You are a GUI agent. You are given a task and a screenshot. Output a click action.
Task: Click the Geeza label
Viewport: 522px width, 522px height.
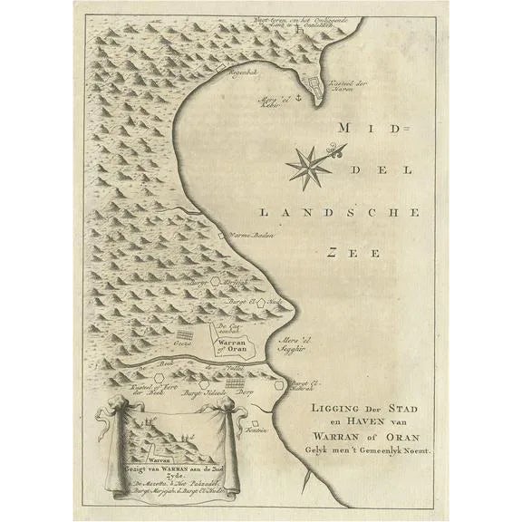pos(180,344)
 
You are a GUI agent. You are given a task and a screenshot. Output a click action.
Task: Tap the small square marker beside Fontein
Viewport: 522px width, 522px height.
pos(258,422)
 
